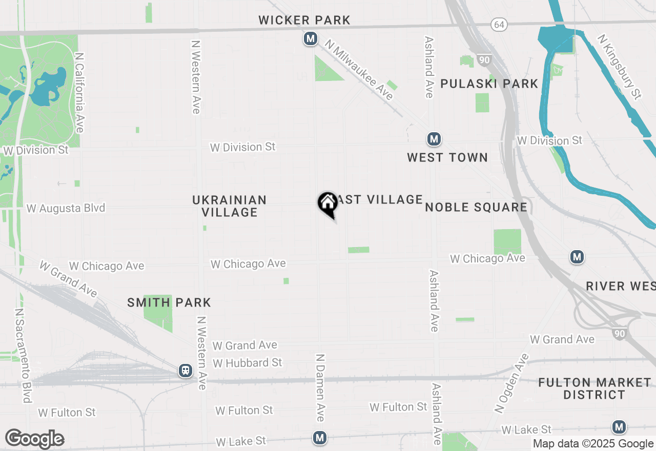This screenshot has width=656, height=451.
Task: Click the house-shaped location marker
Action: pos(327,203)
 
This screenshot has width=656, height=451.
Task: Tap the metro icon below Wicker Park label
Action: pos(310,38)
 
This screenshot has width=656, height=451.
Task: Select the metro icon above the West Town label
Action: pos(434,139)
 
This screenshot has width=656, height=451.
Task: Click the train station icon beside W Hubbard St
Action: pos(186,371)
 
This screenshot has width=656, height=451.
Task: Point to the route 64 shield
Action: pos(499,24)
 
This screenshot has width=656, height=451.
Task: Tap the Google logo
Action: pos(34,439)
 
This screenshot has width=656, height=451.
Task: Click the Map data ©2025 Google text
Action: pos(593,444)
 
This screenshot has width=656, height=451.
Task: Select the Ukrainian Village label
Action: pos(230,206)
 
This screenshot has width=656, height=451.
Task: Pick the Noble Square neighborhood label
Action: pos(476,207)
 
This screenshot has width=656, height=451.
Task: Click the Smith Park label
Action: pos(169,302)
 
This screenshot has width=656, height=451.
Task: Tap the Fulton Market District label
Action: pos(594,388)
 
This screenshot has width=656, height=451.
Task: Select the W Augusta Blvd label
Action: pos(66,208)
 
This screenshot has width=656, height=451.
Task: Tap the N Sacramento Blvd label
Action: pos(24,355)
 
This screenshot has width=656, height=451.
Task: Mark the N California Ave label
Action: pos(79,92)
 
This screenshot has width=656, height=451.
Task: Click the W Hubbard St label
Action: pos(247,363)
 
